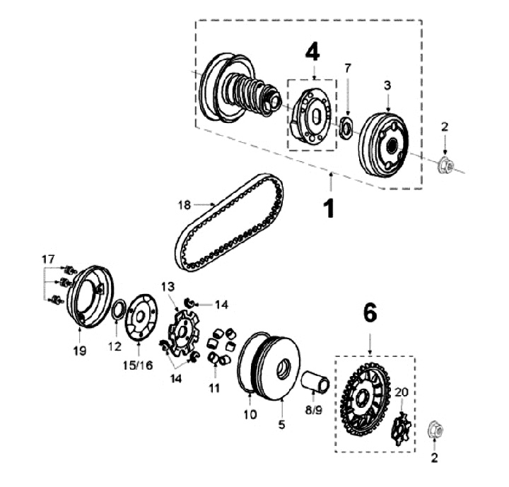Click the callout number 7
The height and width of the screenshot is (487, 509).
coord(347,68)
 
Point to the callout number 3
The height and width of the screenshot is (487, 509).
coord(387,85)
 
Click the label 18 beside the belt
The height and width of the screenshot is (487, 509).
coord(185,205)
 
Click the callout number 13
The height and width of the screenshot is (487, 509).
coord(167,286)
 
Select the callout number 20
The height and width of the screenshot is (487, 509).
coord(401,393)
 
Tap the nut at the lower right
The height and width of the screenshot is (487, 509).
coord(434,429)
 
